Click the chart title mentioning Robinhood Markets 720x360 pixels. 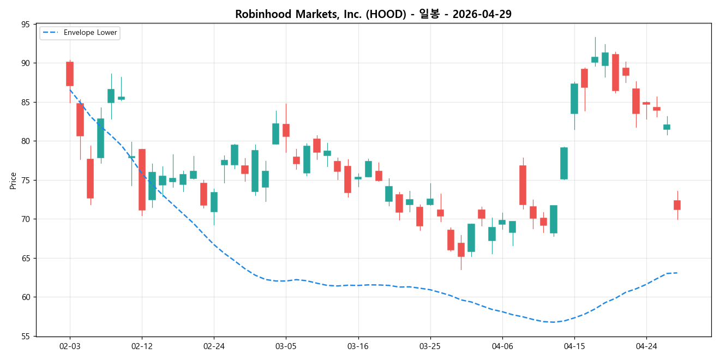(x=373, y=14)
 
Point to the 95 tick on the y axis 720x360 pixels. (x=26, y=24)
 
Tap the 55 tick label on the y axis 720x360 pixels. (x=26, y=337)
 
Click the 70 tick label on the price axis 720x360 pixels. (x=26, y=219)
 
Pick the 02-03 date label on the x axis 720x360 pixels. (x=69, y=346)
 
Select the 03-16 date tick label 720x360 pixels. (x=358, y=346)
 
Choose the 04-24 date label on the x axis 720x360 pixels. (x=646, y=346)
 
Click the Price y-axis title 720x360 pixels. (x=13, y=180)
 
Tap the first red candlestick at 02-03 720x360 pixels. (x=70, y=74)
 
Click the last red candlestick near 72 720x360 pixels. (x=677, y=205)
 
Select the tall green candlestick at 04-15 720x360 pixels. (x=574, y=99)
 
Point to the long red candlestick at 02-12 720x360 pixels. (x=142, y=179)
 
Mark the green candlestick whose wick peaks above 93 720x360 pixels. (x=595, y=59)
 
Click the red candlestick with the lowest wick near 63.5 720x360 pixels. (x=461, y=250)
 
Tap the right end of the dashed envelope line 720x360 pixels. (x=677, y=273)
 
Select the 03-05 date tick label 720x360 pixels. (x=286, y=346)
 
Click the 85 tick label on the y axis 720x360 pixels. (x=26, y=102)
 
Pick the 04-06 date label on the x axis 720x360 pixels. (x=502, y=346)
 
